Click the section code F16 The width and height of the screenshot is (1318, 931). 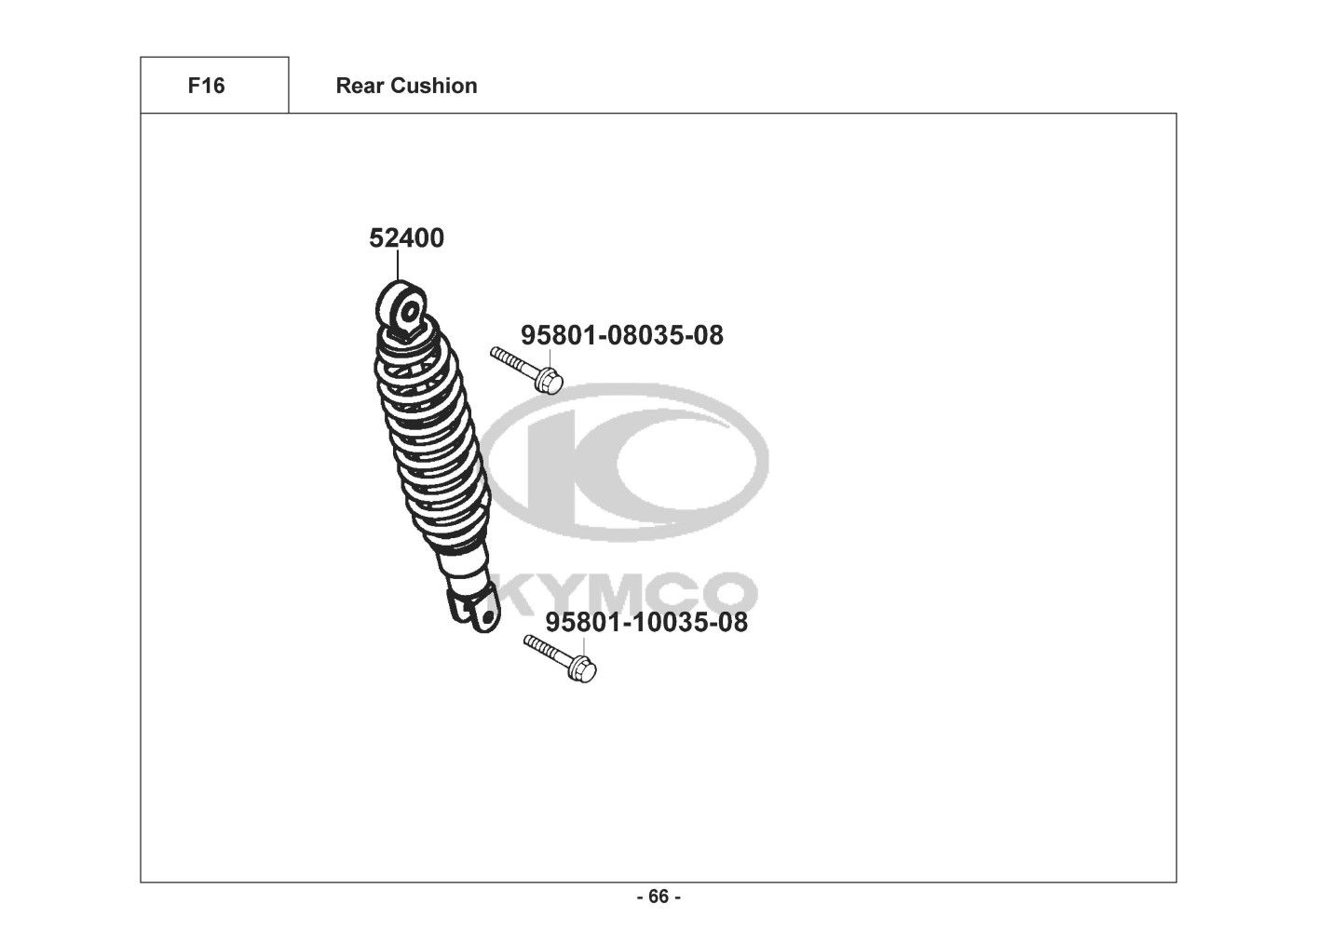(x=206, y=86)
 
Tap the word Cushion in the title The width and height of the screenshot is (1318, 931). (x=434, y=86)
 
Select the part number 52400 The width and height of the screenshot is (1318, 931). (x=407, y=238)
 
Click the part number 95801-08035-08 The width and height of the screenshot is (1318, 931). (x=622, y=335)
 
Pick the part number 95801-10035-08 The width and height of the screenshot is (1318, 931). (x=646, y=622)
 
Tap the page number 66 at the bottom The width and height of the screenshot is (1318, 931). (x=659, y=897)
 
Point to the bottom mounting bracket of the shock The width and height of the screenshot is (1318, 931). (x=475, y=611)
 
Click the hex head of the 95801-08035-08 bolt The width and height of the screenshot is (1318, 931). (x=549, y=381)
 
